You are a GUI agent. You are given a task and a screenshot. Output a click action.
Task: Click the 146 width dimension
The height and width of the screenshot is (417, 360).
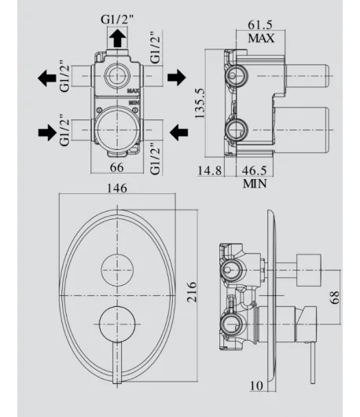[117, 188]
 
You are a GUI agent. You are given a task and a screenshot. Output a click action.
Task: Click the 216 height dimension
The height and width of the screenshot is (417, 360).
[192, 291]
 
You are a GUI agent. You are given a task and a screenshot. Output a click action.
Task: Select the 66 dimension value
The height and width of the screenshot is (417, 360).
[117, 167]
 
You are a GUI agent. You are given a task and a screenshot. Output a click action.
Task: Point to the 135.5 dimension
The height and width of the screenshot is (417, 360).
[200, 103]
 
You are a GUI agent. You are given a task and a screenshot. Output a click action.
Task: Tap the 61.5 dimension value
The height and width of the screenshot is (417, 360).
[260, 24]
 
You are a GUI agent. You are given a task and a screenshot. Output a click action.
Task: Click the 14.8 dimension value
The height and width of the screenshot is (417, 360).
[210, 170]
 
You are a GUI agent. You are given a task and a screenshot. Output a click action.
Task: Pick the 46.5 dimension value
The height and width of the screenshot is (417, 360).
[254, 170]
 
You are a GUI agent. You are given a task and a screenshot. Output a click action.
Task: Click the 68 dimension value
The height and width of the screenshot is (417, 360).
[334, 297]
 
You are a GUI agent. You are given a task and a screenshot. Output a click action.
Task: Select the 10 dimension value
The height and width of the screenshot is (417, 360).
[256, 386]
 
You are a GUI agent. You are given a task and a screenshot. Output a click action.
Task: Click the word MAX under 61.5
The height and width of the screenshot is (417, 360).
[261, 38]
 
